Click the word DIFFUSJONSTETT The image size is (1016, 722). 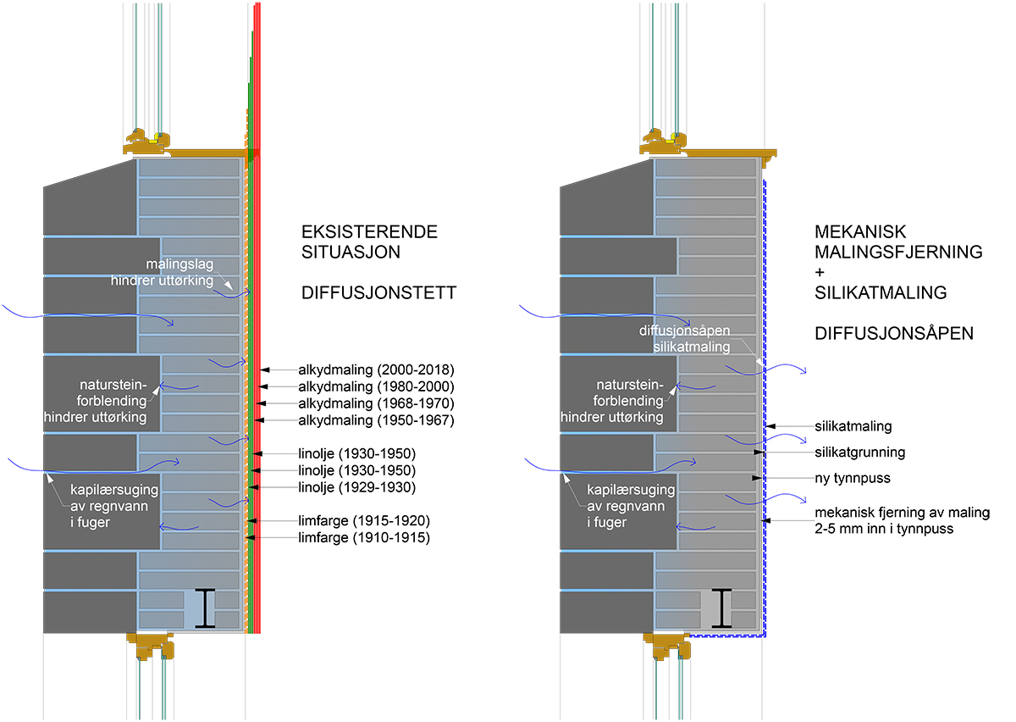(x=378, y=294)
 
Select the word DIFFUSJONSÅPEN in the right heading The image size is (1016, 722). (x=894, y=334)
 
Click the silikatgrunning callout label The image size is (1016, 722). (x=859, y=453)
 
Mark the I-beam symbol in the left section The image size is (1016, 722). (x=205, y=608)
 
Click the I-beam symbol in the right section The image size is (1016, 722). (x=721, y=608)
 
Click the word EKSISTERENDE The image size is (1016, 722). (x=369, y=232)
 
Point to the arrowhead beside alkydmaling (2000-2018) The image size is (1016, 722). (x=264, y=369)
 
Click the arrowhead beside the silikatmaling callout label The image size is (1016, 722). (x=766, y=427)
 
